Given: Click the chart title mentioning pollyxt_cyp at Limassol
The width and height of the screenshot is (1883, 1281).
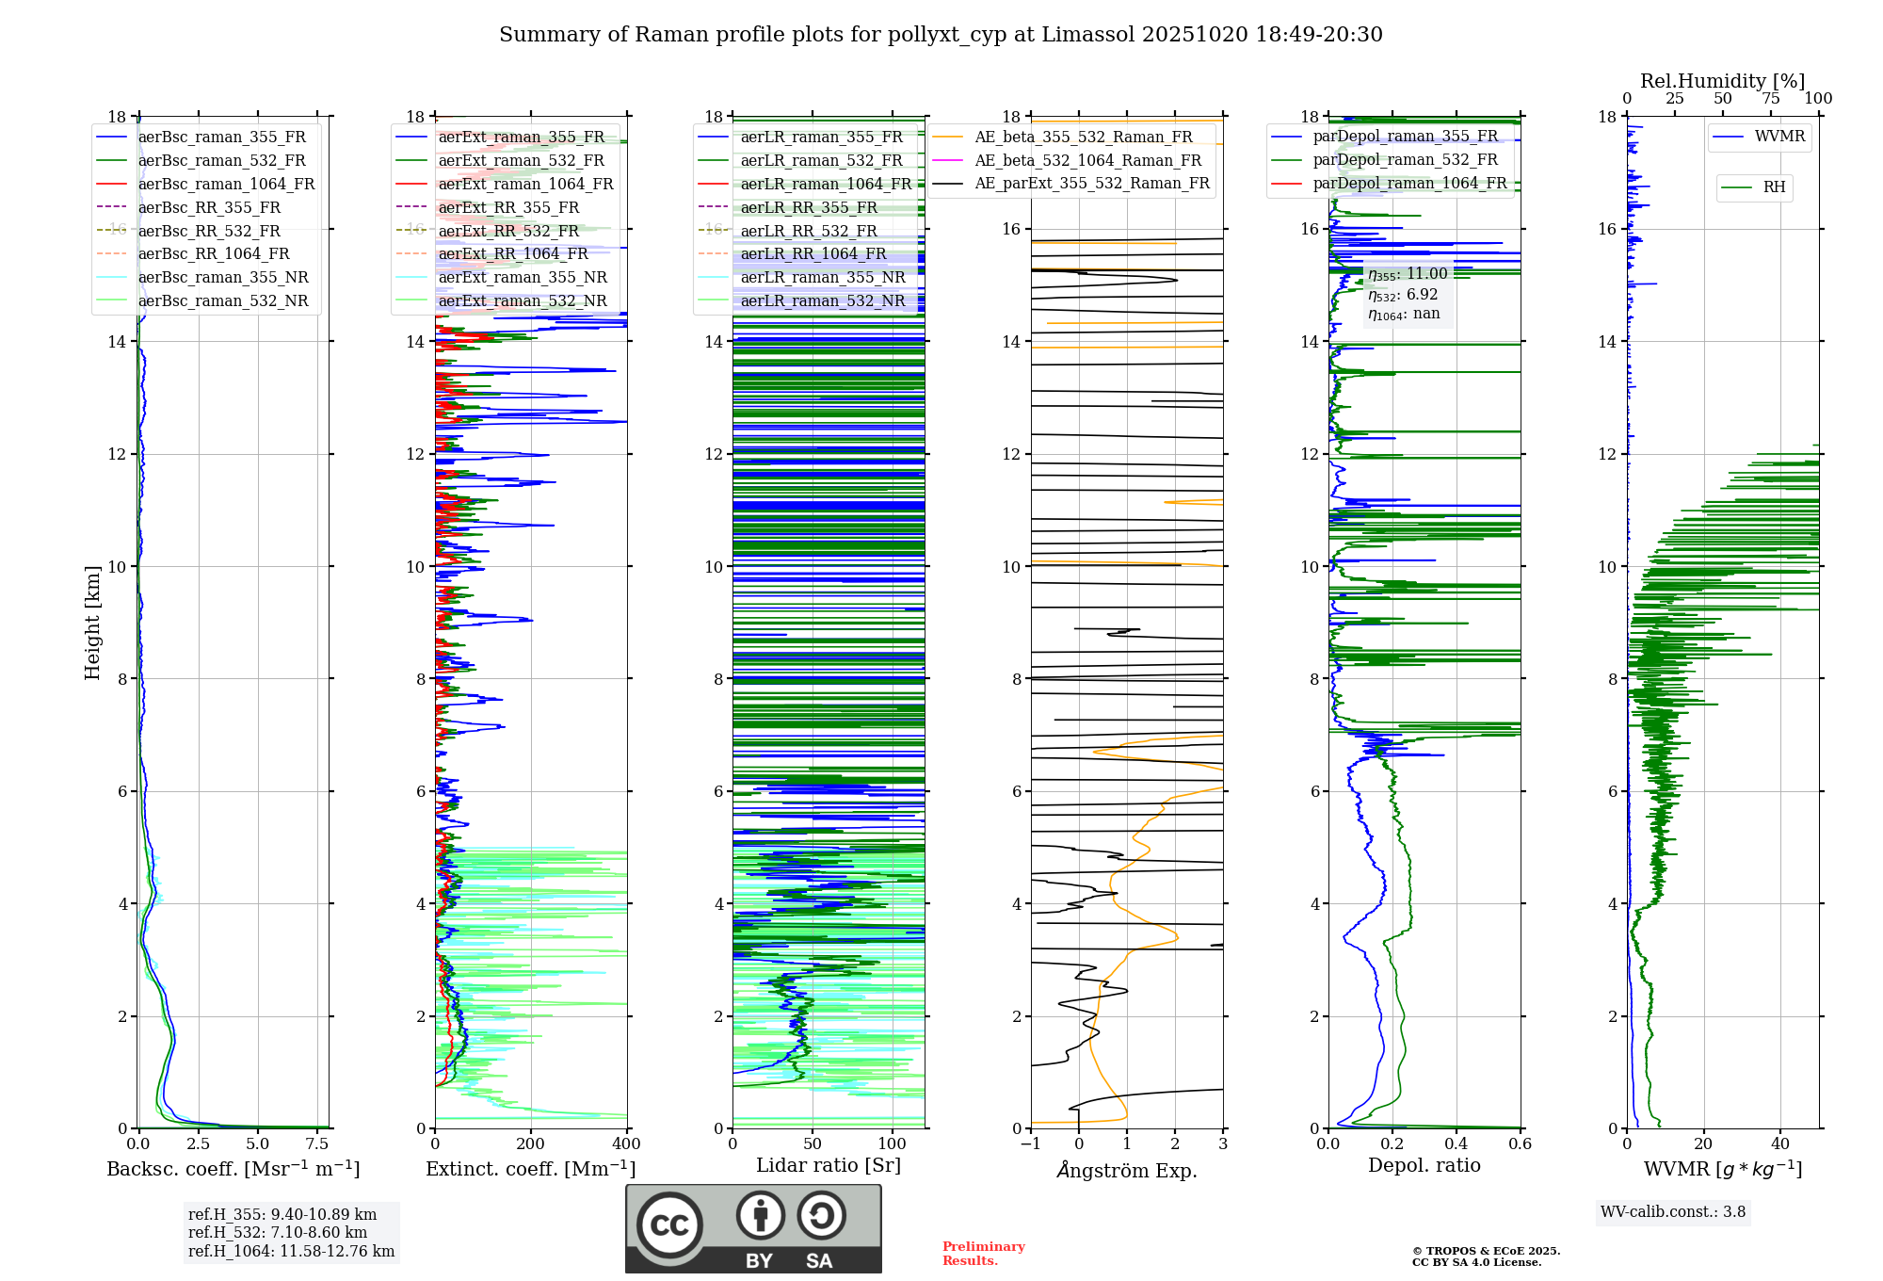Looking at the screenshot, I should pos(941,35).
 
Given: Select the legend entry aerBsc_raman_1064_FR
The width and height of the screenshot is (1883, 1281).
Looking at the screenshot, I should pos(226,184).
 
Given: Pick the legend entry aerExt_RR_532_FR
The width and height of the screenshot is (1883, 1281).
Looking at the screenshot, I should pos(508,231).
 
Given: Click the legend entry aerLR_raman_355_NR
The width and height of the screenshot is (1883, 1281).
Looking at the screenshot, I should pos(822,277).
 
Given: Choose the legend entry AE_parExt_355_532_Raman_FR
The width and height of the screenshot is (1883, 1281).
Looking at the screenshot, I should pos(1092,183).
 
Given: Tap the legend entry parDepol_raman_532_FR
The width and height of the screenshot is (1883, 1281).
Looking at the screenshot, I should pos(1405,159).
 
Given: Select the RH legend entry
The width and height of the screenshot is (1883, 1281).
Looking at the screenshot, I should pos(1774,187).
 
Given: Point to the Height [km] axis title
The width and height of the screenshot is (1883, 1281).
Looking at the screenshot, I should pos(92,622).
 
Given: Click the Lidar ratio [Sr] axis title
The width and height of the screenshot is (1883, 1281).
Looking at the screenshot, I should pos(829,1165).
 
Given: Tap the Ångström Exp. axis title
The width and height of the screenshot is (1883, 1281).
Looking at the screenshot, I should pos(1127,1170).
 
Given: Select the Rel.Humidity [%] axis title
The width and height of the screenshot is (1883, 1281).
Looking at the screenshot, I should pos(1722,81).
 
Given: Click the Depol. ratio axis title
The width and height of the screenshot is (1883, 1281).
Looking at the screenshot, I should pos(1424,1165).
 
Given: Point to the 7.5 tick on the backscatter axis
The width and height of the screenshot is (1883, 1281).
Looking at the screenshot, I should pos(317,1144).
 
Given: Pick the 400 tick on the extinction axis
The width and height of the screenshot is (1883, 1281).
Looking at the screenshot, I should pos(626,1144).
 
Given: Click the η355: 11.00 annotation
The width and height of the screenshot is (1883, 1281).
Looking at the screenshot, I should pos(1408,274).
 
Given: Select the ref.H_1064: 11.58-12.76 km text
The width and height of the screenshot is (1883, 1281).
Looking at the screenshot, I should pos(291,1252).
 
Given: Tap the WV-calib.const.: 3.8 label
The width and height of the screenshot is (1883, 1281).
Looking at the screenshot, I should pos(1673,1212).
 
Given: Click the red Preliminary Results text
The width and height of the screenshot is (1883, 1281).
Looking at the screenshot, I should pos(983,1254).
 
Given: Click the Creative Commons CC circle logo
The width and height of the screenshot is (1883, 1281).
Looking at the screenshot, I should pos(669,1224).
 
